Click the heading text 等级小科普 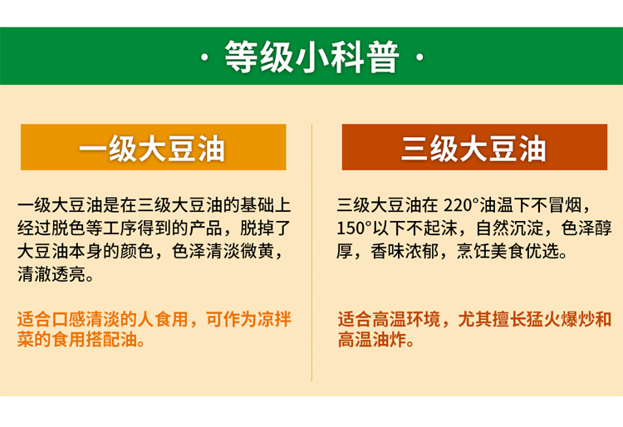pyautogui.click(x=311, y=56)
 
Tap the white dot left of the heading pyautogui.click(x=204, y=58)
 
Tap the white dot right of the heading pyautogui.click(x=419, y=58)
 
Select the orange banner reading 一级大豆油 pyautogui.click(x=154, y=147)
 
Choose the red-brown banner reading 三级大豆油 pyautogui.click(x=474, y=147)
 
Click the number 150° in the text pyautogui.click(x=354, y=228)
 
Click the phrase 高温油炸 pyautogui.click(x=372, y=339)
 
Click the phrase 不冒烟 pyautogui.click(x=557, y=205)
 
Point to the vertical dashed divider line pyautogui.click(x=311, y=253)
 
